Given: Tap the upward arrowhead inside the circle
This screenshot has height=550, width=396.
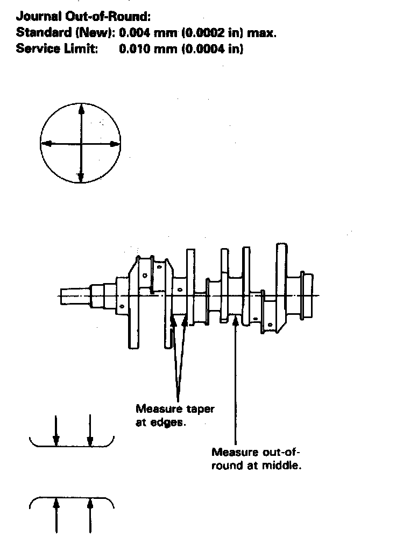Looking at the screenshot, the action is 81,109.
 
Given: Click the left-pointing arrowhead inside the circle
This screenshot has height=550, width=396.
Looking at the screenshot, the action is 46,144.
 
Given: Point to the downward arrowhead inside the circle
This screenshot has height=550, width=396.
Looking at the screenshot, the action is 81,178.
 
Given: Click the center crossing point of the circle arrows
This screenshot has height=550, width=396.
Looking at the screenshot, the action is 81,144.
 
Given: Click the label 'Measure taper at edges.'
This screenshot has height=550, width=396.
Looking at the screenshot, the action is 174,415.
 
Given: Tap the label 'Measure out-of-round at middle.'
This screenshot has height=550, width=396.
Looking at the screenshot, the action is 256,458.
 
